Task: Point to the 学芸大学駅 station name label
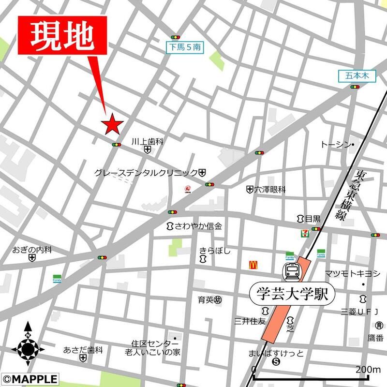(x=289, y=293)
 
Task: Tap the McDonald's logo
(x=252, y=265)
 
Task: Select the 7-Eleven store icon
(x=304, y=233)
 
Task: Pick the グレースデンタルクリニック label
(x=146, y=172)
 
